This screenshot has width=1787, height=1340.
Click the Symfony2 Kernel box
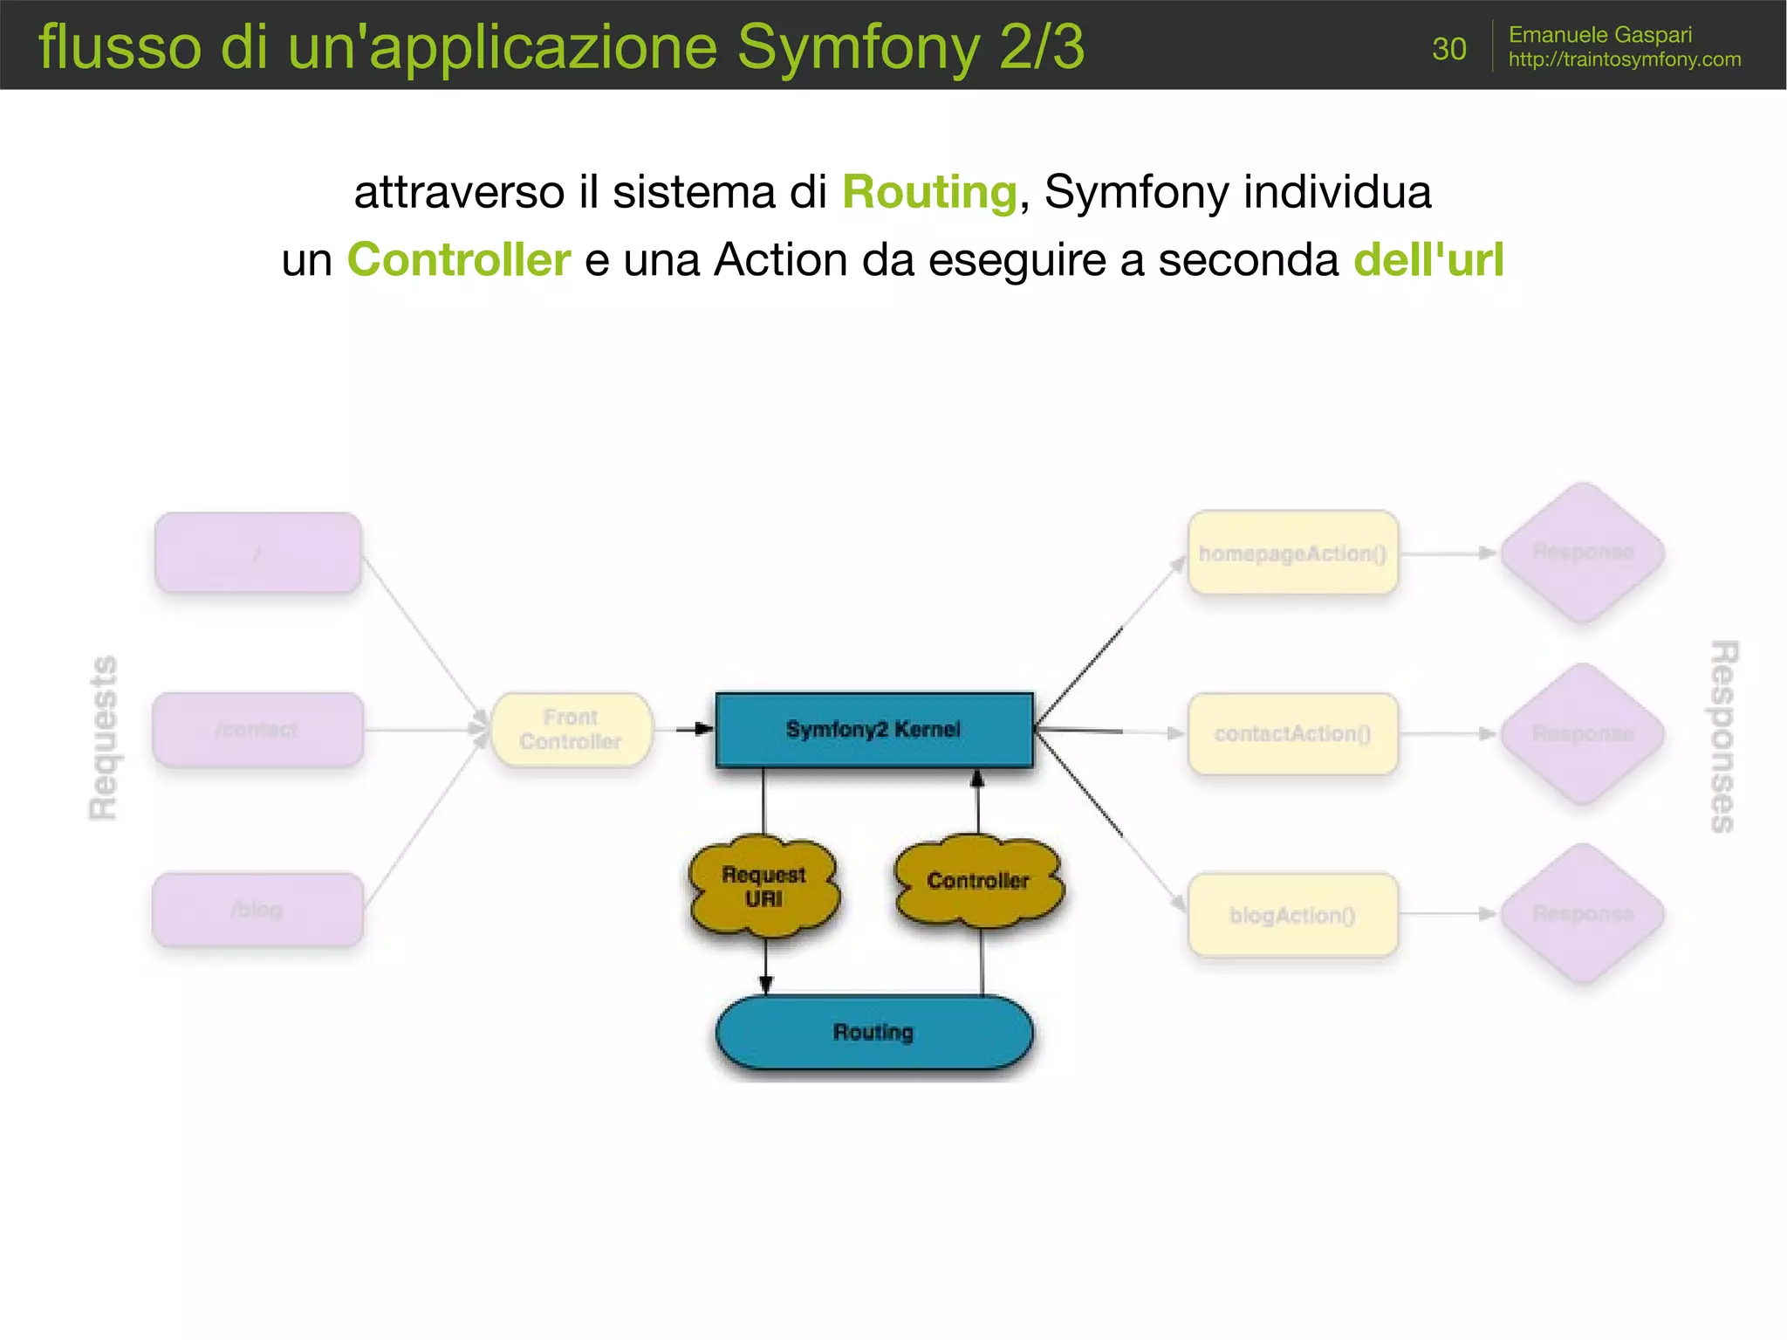click(873, 730)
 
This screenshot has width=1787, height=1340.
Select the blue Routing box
click(873, 1033)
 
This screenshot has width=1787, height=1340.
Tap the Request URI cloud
click(763, 887)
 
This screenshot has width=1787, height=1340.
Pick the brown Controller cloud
click(978, 881)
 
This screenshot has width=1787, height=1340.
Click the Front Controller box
click(571, 730)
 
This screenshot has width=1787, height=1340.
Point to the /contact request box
click(257, 730)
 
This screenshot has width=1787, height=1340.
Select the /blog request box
click(257, 910)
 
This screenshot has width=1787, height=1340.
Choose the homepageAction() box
click(1292, 553)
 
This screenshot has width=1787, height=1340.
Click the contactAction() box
click(1292, 733)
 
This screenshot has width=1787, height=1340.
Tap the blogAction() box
click(1292, 915)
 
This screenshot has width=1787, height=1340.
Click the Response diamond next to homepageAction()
click(1583, 552)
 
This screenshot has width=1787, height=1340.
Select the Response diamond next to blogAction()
click(1583, 913)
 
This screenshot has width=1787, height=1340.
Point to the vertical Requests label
click(104, 738)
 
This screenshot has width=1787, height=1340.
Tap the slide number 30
click(1448, 49)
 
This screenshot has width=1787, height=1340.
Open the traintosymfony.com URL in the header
click(1624, 59)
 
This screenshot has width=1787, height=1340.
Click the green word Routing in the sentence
click(929, 192)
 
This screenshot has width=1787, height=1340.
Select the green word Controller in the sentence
click(459, 260)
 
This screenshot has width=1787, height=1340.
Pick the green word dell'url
click(1428, 260)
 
